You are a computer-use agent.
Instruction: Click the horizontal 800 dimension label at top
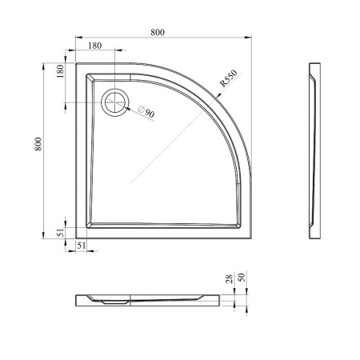coord(158,32)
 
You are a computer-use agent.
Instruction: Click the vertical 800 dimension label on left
coord(38,144)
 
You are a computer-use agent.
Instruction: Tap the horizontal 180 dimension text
coord(94,46)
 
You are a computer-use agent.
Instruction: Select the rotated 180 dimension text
coord(60,71)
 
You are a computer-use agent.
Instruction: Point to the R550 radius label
coord(228,78)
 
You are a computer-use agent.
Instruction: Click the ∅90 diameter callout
coord(146,112)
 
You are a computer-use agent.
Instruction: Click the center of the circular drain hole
coord(115,102)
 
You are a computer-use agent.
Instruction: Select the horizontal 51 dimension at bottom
coord(82,246)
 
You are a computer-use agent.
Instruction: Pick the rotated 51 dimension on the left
coord(61,232)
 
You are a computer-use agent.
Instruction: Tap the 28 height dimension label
coord(230,278)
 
